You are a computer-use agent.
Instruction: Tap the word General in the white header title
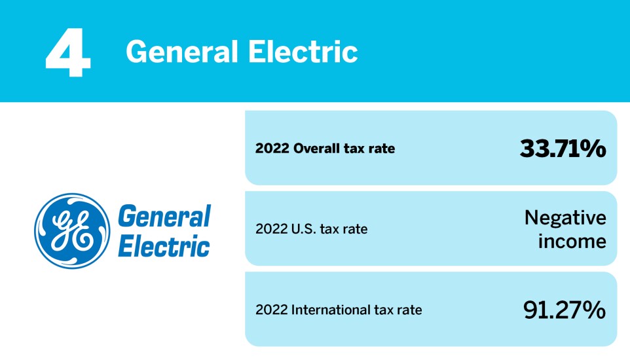(x=177, y=50)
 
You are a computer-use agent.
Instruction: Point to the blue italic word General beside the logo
(x=164, y=217)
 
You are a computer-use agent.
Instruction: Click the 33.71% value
(x=563, y=149)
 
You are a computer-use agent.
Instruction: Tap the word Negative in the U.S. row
(x=565, y=217)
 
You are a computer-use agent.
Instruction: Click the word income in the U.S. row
(x=572, y=242)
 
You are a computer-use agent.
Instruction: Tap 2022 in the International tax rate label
(x=270, y=310)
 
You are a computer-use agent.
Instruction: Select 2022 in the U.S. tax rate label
(x=270, y=230)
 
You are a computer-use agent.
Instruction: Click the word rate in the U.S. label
(x=354, y=230)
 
